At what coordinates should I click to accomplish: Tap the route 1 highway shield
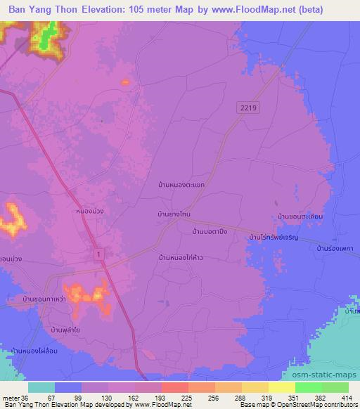[97, 254]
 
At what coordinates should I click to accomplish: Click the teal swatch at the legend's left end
[41, 387]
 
